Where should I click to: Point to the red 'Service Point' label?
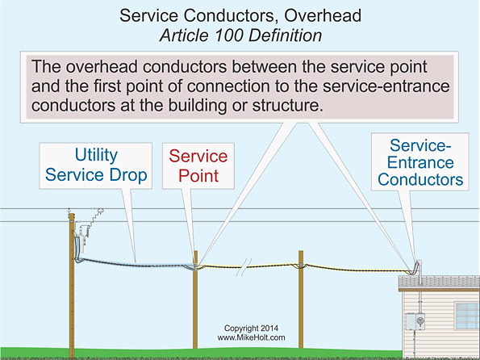click(x=195, y=165)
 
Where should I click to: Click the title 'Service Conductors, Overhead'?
click(x=239, y=15)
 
